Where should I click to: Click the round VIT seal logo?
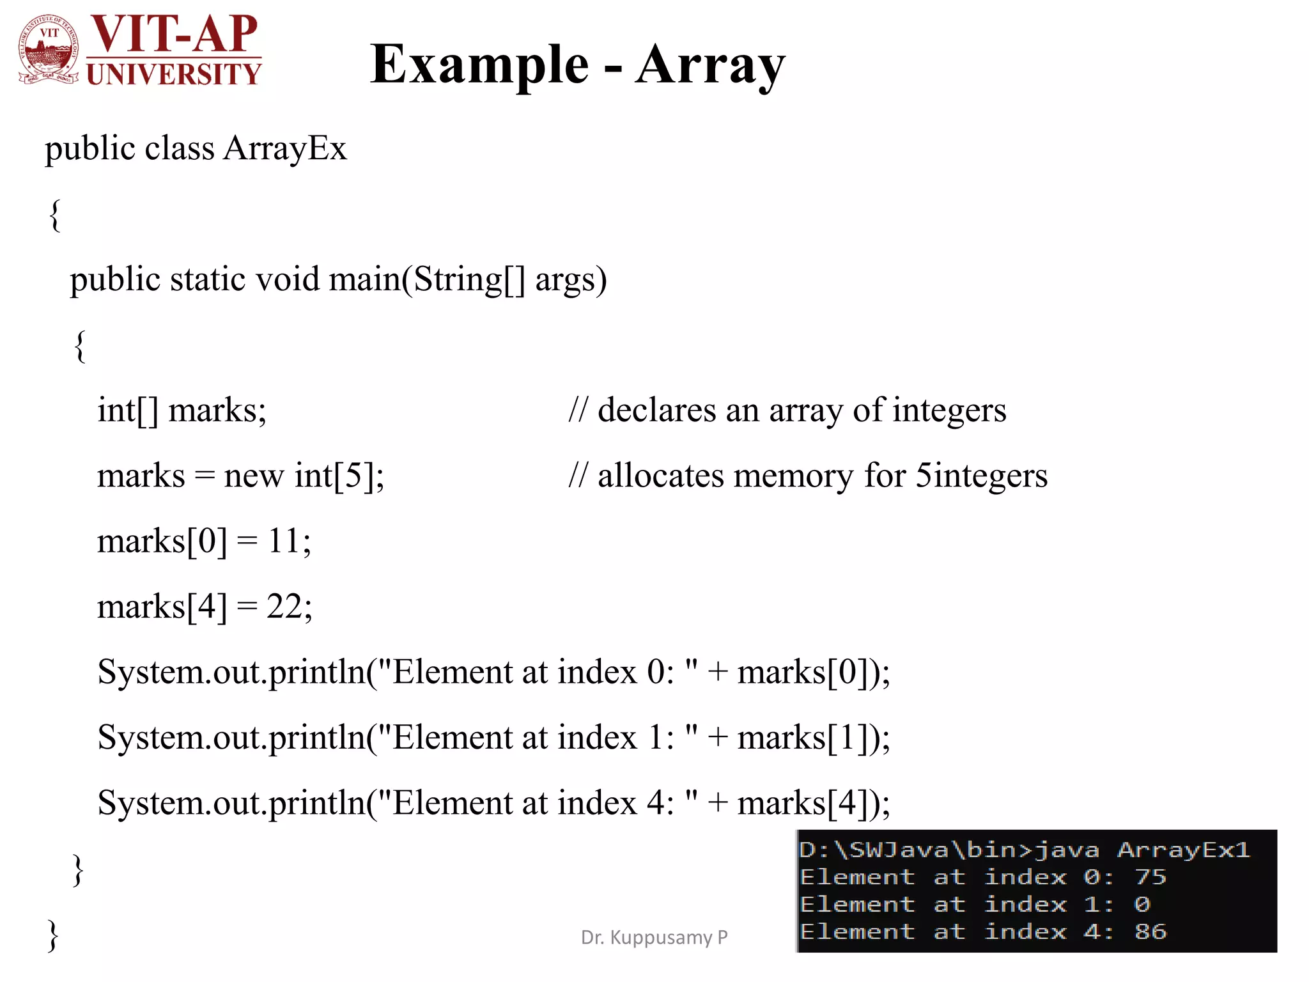point(49,50)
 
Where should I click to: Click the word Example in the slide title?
point(479,65)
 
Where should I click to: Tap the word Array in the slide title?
point(710,66)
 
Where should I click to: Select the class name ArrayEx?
point(285,148)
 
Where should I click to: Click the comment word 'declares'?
point(657,410)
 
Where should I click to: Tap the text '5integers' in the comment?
point(982,476)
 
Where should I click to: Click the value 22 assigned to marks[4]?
point(284,606)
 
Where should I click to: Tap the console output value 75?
point(1150,877)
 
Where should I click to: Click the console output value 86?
point(1150,931)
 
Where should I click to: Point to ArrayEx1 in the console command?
point(1183,850)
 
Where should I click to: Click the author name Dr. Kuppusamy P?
point(654,937)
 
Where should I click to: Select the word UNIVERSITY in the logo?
point(174,74)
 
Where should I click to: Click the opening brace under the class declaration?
point(55,215)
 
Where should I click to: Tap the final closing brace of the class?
point(53,936)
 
